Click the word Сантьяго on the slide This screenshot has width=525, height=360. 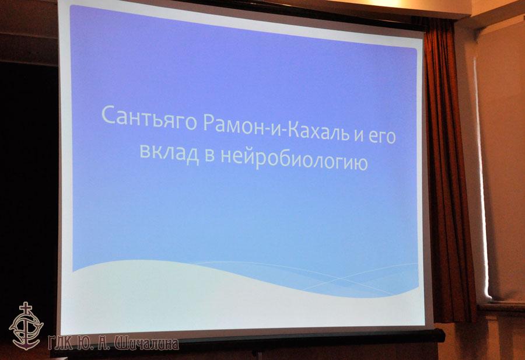tap(149, 117)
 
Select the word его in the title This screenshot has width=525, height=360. tap(381, 138)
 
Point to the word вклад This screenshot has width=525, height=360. tap(169, 152)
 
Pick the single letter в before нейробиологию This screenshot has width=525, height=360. tap(209, 156)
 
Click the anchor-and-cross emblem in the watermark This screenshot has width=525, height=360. tap(26, 326)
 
